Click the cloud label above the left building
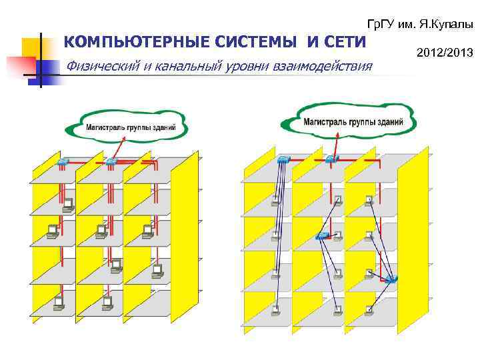[x=131, y=127]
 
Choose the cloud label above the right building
[x=353, y=122]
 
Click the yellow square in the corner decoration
[x=31, y=47]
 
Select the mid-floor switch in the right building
[x=323, y=237]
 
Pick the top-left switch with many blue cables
[x=285, y=159]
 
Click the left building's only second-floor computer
[x=67, y=204]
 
